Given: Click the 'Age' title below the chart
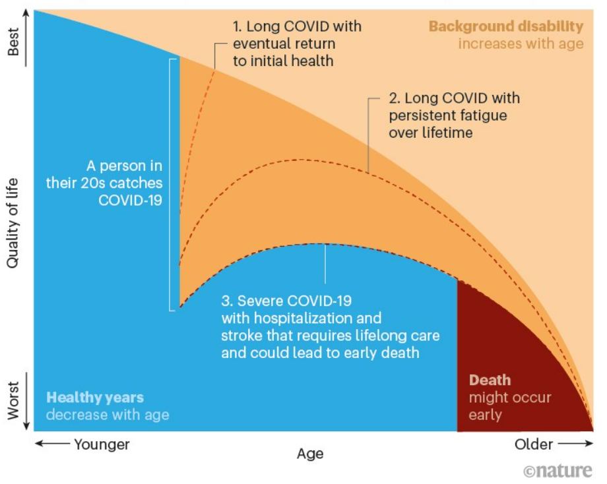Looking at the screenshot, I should coord(310,454).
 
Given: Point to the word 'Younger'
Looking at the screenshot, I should coord(102,444).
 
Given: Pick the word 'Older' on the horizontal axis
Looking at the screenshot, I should coord(533,444).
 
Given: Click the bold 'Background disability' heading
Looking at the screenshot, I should coord(506,26).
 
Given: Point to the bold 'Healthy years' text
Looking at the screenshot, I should coord(95,398).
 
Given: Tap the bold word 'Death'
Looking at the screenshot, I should coord(490,380).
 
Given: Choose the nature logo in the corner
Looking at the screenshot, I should coord(558,471).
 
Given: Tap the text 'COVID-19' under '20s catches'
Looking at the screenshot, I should coord(130,200).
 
